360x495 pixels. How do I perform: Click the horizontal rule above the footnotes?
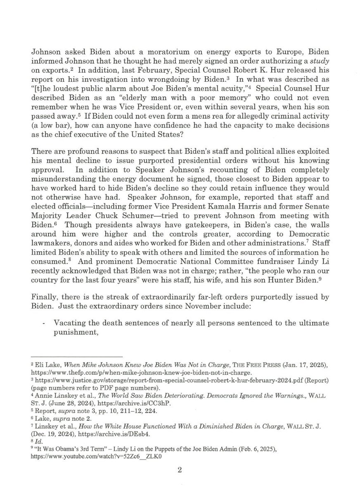[78, 357]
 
